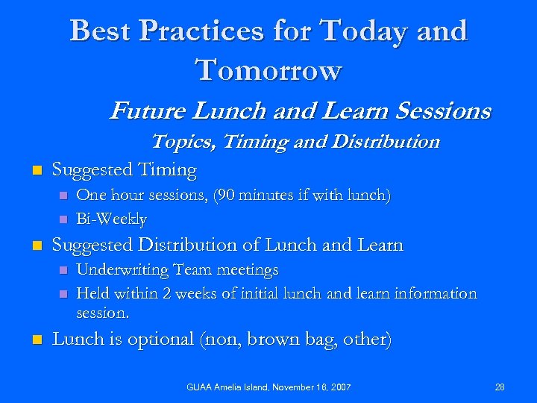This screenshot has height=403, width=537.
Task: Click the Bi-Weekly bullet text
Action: tap(111, 219)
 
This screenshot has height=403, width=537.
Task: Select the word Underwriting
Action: tap(123, 269)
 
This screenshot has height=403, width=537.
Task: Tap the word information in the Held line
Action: tap(433, 293)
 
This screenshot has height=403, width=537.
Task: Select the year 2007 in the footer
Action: tap(338, 387)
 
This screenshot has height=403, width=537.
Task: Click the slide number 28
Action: tap(500, 387)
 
